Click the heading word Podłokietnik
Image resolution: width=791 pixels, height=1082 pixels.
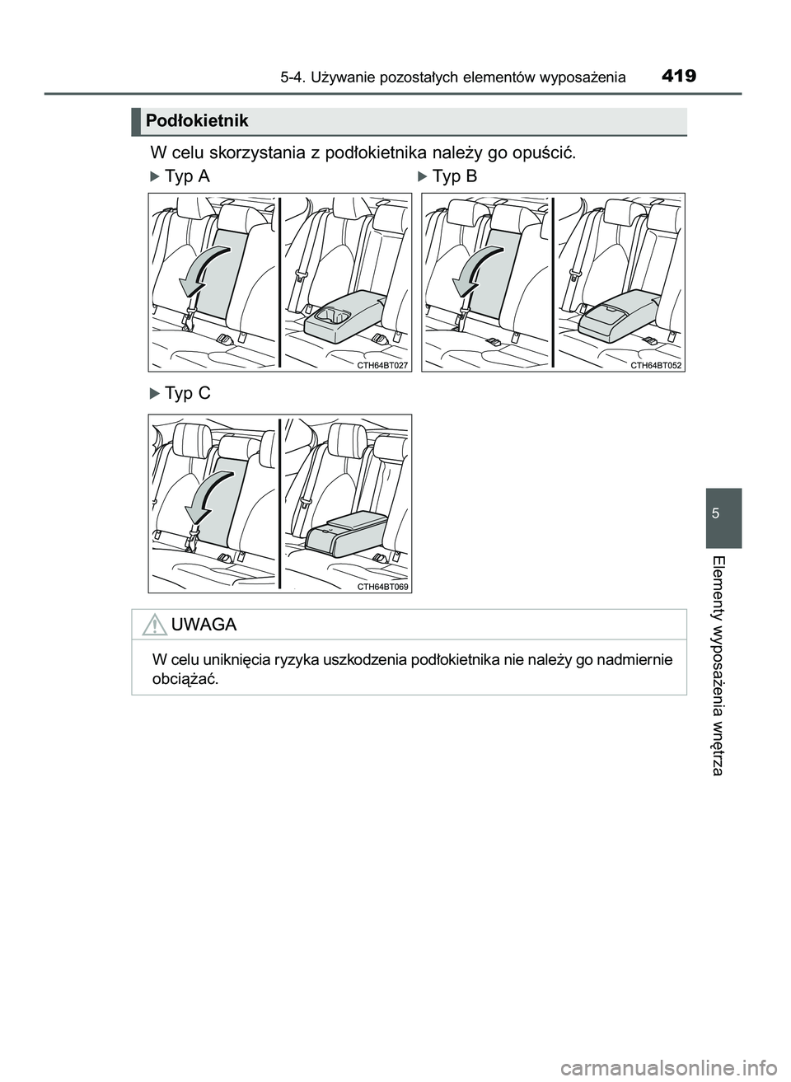click(196, 122)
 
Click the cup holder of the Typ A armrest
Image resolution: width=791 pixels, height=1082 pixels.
click(335, 314)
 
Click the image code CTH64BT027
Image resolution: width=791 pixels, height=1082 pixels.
click(382, 364)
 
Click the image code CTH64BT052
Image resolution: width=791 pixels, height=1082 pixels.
click(657, 364)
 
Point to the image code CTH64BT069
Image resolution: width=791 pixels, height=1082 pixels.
click(382, 586)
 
